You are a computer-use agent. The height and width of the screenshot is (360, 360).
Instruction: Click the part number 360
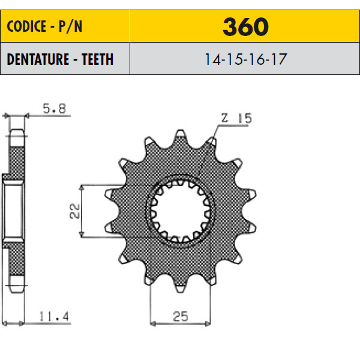[x=245, y=26]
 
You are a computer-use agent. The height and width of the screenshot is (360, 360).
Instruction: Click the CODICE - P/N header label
[x=44, y=26]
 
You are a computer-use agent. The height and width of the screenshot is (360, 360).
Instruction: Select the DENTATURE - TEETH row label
[x=60, y=59]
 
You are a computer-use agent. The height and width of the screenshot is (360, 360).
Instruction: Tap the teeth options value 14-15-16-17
[x=245, y=59]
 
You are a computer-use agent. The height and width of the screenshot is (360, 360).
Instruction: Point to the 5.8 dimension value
[x=55, y=109]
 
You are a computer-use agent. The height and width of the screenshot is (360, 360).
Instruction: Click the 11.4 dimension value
[x=54, y=316]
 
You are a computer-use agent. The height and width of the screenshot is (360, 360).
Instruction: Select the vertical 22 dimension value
[x=74, y=211]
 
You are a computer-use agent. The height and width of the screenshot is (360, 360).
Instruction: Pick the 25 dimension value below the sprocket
[x=181, y=316]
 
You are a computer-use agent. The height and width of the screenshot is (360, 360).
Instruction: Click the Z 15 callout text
[x=236, y=118]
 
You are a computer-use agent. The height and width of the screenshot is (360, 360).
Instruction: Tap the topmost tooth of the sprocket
[x=180, y=135]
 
